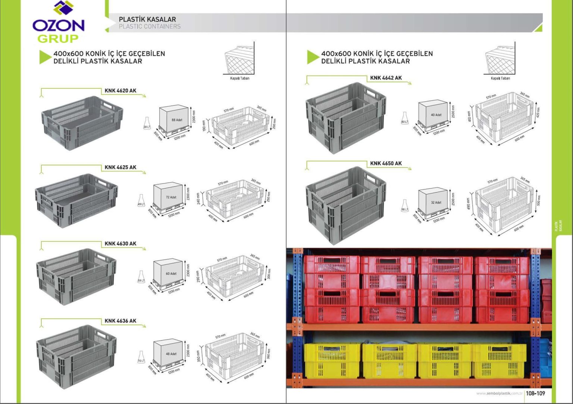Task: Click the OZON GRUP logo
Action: click(59, 23)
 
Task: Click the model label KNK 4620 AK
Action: click(120, 90)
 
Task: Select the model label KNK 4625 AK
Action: click(120, 167)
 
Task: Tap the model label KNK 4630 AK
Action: click(120, 244)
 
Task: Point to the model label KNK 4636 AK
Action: click(120, 321)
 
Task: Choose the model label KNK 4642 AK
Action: click(386, 78)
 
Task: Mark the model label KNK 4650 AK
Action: click(386, 163)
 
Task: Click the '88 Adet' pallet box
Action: click(175, 120)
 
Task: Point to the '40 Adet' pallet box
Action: click(434, 115)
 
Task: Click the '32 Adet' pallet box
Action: click(434, 202)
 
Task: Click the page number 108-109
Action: click(535, 393)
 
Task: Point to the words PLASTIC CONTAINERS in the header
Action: click(150, 26)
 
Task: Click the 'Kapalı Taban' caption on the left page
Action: click(239, 78)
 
